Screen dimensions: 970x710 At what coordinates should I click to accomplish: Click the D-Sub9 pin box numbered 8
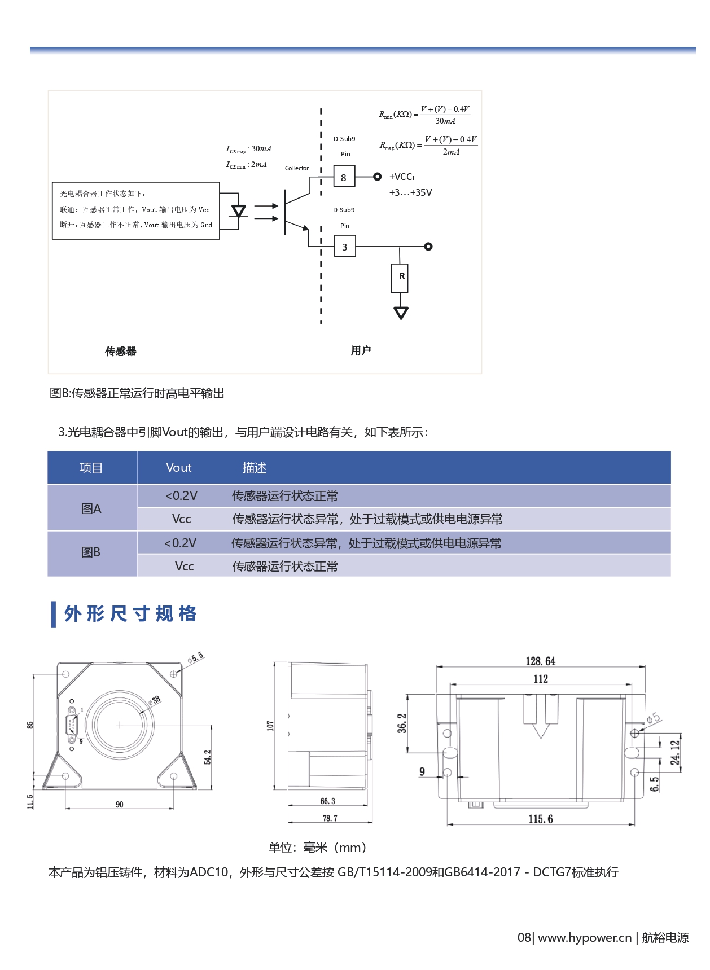pyautogui.click(x=344, y=177)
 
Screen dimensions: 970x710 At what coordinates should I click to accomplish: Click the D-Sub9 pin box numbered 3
pyautogui.click(x=344, y=247)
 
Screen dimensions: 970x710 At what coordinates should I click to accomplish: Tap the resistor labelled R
pyautogui.click(x=400, y=277)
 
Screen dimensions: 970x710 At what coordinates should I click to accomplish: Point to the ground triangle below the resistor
pyautogui.click(x=401, y=313)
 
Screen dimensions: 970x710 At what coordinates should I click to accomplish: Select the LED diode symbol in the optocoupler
pyautogui.click(x=239, y=212)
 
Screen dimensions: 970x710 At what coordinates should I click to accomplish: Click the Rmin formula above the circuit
pyautogui.click(x=424, y=115)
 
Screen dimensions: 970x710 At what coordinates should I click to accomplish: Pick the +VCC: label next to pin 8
pyautogui.click(x=402, y=177)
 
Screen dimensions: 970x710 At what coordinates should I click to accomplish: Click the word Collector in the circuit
pyautogui.click(x=296, y=168)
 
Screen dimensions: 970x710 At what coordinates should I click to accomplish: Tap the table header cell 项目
pyautogui.click(x=91, y=468)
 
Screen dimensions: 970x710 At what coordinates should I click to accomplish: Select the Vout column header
pyautogui.click(x=178, y=468)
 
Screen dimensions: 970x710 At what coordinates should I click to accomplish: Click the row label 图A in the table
pyautogui.click(x=91, y=508)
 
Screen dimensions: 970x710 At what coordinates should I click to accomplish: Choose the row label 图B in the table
pyautogui.click(x=91, y=552)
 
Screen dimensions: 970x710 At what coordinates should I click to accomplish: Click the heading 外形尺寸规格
pyautogui.click(x=130, y=613)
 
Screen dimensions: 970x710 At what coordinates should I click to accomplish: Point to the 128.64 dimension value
pyautogui.click(x=540, y=661)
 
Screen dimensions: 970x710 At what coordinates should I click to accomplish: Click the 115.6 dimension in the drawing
pyautogui.click(x=540, y=819)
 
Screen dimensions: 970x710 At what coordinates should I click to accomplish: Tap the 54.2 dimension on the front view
pyautogui.click(x=207, y=757)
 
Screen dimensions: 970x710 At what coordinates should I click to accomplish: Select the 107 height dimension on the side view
pyautogui.click(x=270, y=726)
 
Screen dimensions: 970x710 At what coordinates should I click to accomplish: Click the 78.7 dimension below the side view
pyautogui.click(x=330, y=818)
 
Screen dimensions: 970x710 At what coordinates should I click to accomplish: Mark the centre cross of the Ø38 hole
pyautogui.click(x=120, y=725)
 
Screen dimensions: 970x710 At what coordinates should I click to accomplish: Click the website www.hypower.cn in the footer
pyautogui.click(x=584, y=938)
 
